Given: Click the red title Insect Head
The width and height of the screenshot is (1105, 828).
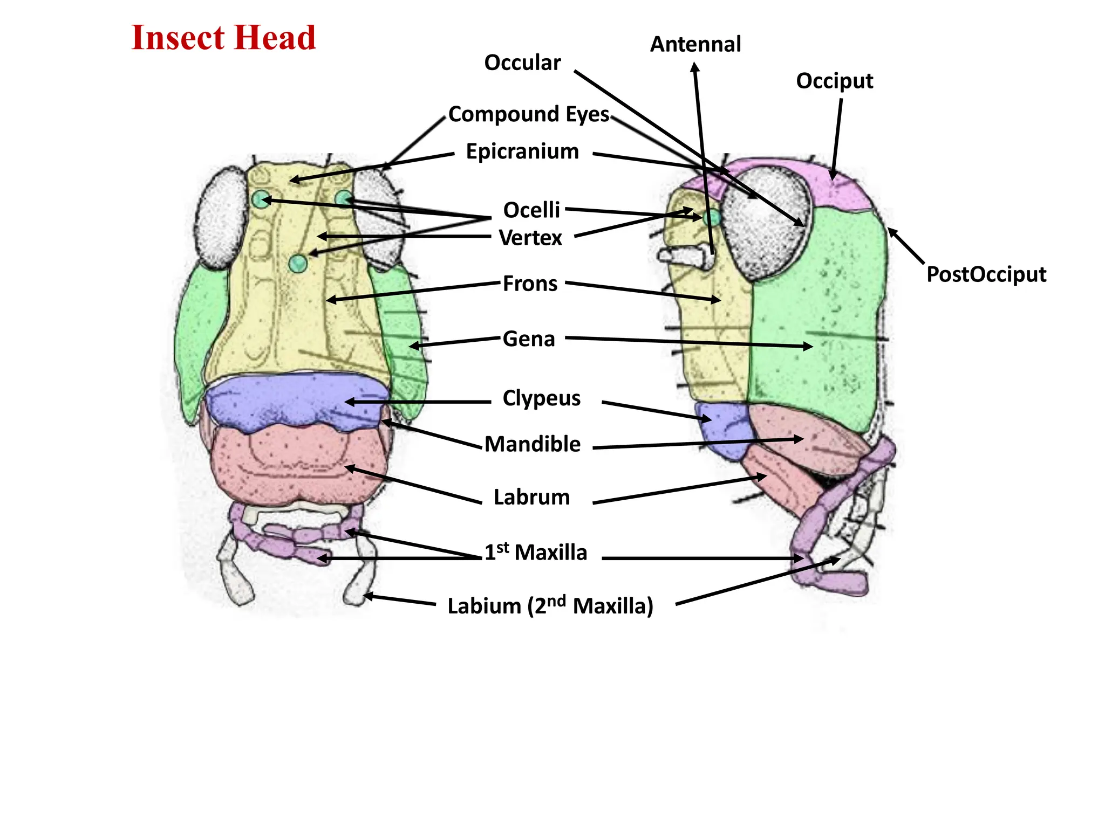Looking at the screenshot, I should (x=223, y=38).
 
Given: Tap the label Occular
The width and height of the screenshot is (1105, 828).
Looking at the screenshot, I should (x=522, y=63).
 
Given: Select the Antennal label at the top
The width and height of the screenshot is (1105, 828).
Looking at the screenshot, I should (x=695, y=44).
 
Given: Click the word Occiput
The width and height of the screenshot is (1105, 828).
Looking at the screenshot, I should (x=834, y=81).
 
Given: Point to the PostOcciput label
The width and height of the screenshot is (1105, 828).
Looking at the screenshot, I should (x=986, y=274).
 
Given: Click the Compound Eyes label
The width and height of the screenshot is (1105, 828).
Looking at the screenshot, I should (x=528, y=114).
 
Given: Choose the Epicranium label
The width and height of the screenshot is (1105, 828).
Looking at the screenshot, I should (x=522, y=151).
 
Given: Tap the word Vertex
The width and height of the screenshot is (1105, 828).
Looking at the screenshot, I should (x=530, y=238).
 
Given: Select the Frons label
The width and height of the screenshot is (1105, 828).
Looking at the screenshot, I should (x=530, y=284).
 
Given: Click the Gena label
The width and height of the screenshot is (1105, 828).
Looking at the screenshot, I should (x=529, y=339).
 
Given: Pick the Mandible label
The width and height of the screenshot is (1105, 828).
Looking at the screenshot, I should (x=532, y=444).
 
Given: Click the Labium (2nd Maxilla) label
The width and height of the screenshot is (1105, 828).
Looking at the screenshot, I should (x=550, y=606).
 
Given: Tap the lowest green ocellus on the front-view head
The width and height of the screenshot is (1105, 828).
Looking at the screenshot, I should (x=297, y=264).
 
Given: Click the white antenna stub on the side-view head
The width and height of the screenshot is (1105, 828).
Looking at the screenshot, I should (x=685, y=256).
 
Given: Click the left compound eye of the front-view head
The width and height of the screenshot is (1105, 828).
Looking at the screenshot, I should (x=221, y=218).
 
